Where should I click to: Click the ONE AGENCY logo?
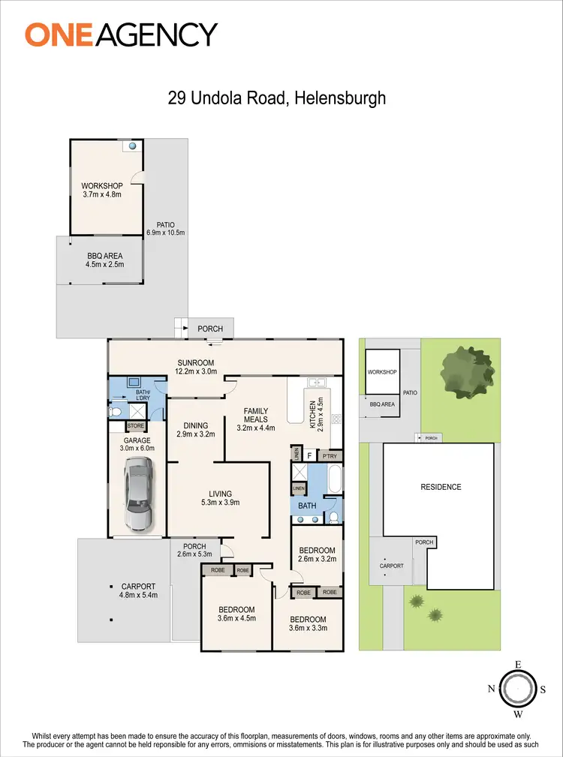click(121, 35)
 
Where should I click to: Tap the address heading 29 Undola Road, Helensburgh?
click(275, 98)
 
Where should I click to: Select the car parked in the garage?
click(139, 494)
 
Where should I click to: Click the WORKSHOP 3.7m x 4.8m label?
click(101, 190)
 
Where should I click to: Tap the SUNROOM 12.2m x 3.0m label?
click(195, 367)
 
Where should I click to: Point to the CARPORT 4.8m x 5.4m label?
click(138, 591)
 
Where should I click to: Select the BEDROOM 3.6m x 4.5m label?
click(236, 614)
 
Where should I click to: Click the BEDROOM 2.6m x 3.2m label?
click(316, 554)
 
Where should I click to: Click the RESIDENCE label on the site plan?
click(441, 487)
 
